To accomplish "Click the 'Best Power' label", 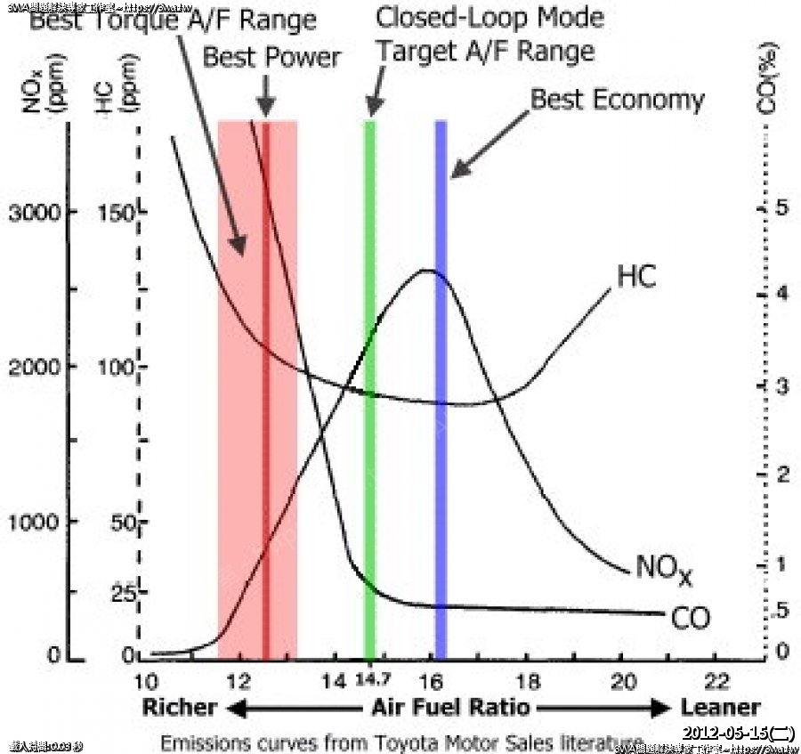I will coord(271,58).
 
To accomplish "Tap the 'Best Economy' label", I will coord(617,99).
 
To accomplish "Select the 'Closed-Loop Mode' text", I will coord(489,17).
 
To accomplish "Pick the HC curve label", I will coord(636,277).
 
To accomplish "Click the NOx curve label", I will coord(664,568).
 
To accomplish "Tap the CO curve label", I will coord(690,617).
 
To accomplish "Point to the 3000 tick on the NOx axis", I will coord(36,214).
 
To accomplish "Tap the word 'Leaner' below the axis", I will coord(721,708).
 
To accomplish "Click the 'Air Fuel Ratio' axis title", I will coord(449,708).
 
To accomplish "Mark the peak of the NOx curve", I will coord(431,270).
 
